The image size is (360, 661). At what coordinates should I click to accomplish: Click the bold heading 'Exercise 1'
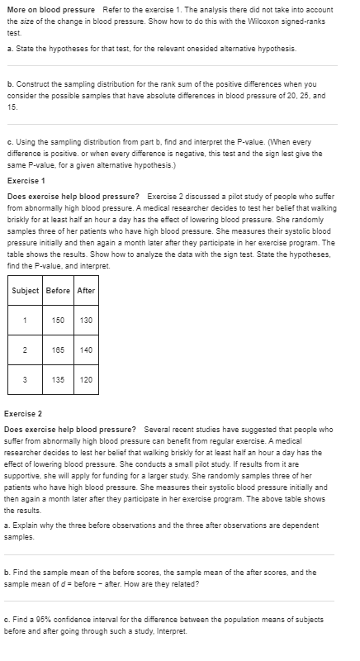tap(26, 180)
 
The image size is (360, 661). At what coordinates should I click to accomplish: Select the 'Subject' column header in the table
tap(27, 290)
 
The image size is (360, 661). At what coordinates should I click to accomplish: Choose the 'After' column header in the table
tap(87, 290)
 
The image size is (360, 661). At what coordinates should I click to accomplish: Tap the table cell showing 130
tap(87, 321)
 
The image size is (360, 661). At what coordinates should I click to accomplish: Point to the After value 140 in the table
tap(87, 350)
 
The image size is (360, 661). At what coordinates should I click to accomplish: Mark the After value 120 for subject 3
tap(87, 381)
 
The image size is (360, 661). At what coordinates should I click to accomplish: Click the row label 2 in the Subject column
tap(26, 350)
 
